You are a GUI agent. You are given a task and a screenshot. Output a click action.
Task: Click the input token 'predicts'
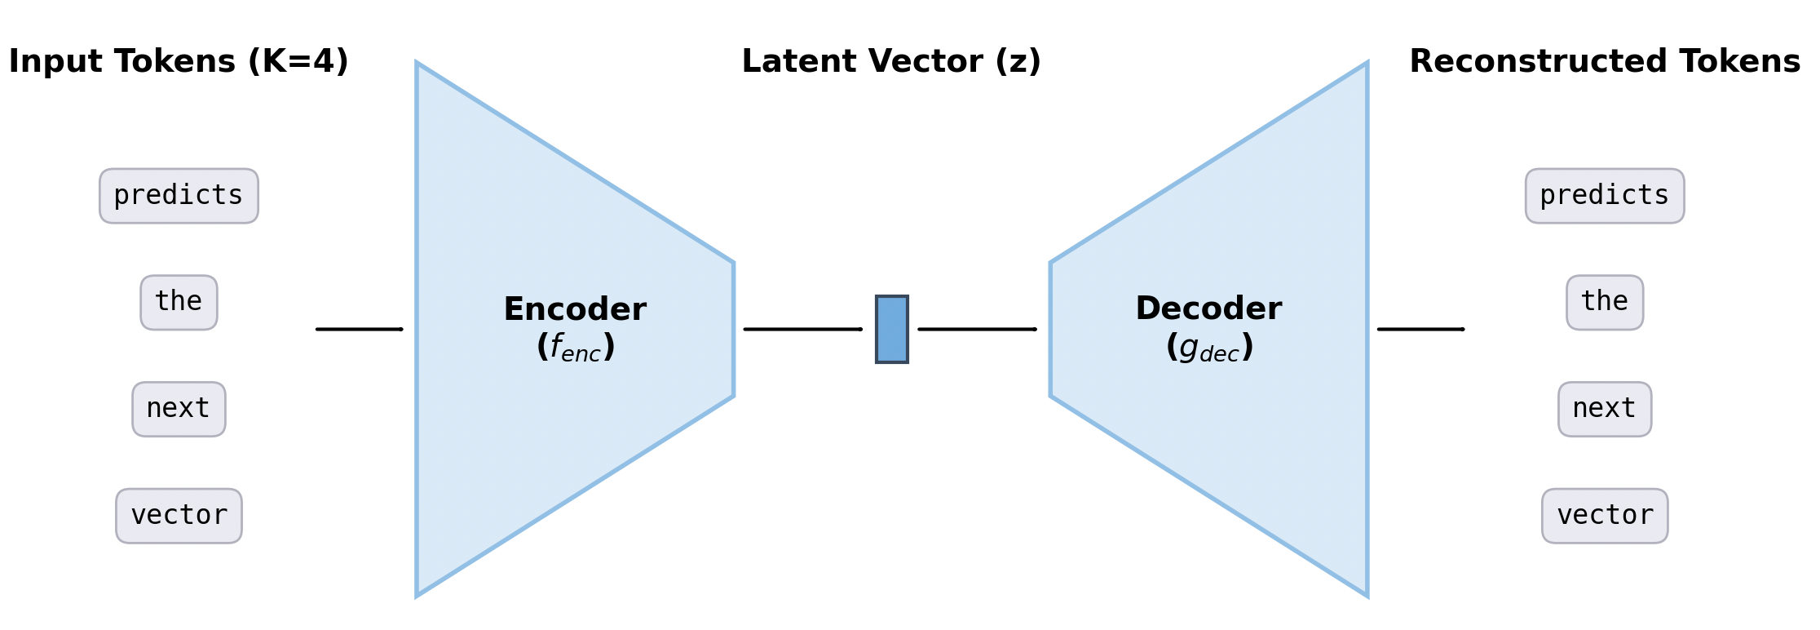pyautogui.click(x=179, y=196)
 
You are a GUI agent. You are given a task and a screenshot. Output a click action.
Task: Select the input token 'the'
pyautogui.click(x=179, y=302)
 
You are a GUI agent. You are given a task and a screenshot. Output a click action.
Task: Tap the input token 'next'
pyautogui.click(x=179, y=409)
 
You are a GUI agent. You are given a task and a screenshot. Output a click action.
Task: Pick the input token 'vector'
pyautogui.click(x=179, y=516)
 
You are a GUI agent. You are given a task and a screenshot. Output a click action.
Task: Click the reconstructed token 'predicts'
pyautogui.click(x=1604, y=196)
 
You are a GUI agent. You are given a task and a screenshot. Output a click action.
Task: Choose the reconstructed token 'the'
pyautogui.click(x=1604, y=302)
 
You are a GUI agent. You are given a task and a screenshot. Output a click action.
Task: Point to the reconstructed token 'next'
pyautogui.click(x=1604, y=409)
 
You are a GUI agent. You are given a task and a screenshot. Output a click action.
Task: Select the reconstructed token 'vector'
pyautogui.click(x=1604, y=516)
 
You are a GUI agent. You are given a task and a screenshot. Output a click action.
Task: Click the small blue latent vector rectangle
pyautogui.click(x=891, y=329)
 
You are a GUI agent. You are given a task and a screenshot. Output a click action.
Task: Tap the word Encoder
pyautogui.click(x=575, y=310)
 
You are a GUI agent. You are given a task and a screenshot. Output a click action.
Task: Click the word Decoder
pyautogui.click(x=1208, y=309)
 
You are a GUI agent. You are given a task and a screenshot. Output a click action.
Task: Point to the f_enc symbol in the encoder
pyautogui.click(x=576, y=348)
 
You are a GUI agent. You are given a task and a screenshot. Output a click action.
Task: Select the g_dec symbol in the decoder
pyautogui.click(x=1209, y=348)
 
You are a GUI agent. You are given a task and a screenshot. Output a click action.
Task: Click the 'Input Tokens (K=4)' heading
pyautogui.click(x=179, y=62)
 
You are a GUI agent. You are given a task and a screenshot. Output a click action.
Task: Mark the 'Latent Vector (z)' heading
pyautogui.click(x=891, y=62)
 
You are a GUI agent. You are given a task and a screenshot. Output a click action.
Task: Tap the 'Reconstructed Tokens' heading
pyautogui.click(x=1605, y=62)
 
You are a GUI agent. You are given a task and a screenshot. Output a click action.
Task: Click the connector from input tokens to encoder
pyautogui.click(x=359, y=329)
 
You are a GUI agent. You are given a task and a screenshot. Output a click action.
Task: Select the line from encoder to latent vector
pyautogui.click(x=802, y=329)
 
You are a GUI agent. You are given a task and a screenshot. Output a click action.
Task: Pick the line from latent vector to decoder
pyautogui.click(x=977, y=329)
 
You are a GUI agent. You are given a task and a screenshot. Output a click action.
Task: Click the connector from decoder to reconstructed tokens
pyautogui.click(x=1420, y=329)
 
